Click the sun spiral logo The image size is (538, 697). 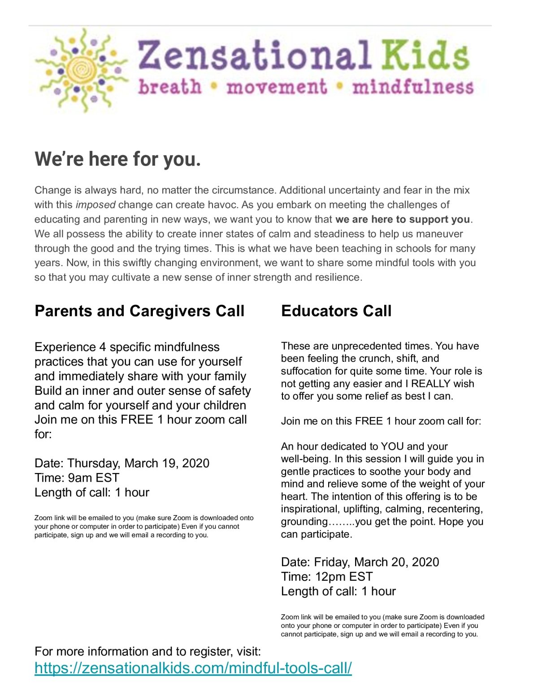pyautogui.click(x=81, y=70)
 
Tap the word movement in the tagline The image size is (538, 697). pyautogui.click(x=276, y=87)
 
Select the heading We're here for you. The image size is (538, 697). pyautogui.click(x=117, y=159)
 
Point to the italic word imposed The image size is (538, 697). pyautogui.click(x=95, y=205)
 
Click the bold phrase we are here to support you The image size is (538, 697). pyautogui.click(x=403, y=219)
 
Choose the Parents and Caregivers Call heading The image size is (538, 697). pyautogui.click(x=139, y=311)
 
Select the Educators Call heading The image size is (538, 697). pyautogui.click(x=336, y=311)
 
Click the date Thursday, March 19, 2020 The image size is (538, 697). pyautogui.click(x=139, y=463)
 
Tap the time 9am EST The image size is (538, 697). pyautogui.click(x=94, y=478)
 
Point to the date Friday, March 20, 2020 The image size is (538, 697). pyautogui.click(x=377, y=562)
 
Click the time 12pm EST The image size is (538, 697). pyautogui.click(x=343, y=577)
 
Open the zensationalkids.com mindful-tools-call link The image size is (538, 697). pyautogui.click(x=193, y=668)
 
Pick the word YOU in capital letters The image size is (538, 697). pyautogui.click(x=392, y=447)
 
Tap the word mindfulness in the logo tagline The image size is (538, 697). pyautogui.click(x=413, y=87)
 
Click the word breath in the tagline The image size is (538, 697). pyautogui.click(x=170, y=87)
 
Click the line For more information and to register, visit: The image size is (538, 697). pyautogui.click(x=148, y=651)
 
